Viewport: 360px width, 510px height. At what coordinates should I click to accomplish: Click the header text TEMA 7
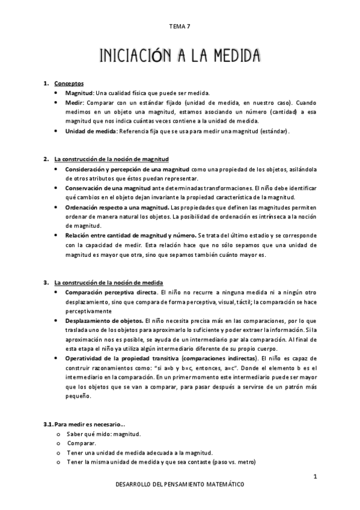point(180,26)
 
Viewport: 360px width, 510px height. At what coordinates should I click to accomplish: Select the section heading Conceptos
point(69,83)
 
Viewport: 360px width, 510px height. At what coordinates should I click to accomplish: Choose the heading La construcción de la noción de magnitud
point(112,159)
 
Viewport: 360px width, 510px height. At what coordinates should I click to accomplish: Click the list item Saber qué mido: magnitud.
point(104,434)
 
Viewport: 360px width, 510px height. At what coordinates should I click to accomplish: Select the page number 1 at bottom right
point(314,477)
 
